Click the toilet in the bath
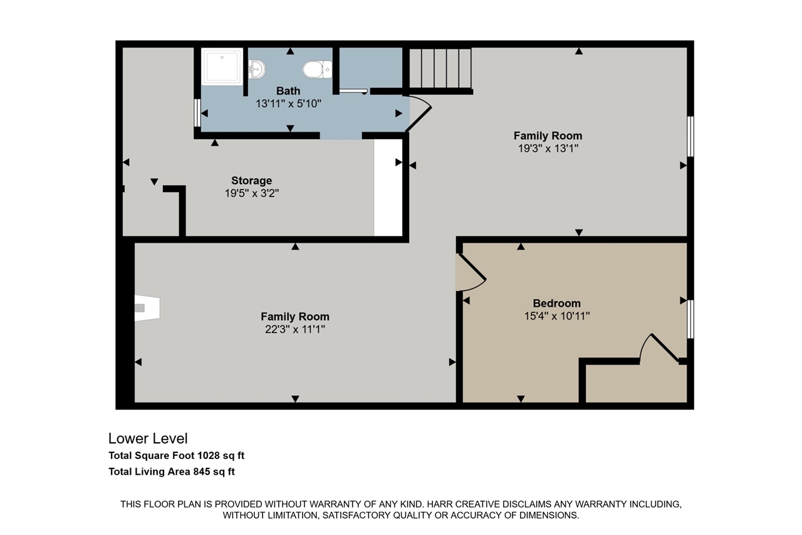pyautogui.click(x=316, y=69)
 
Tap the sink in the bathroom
pyautogui.click(x=256, y=68)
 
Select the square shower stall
pyautogui.click(x=222, y=66)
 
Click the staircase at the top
pyautogui.click(x=440, y=68)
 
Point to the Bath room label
pyautogui.click(x=288, y=91)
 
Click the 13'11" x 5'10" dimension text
pyautogui.click(x=288, y=103)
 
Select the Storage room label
pyautogui.click(x=251, y=181)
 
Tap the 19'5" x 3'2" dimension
pyautogui.click(x=251, y=194)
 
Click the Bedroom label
pyautogui.click(x=556, y=303)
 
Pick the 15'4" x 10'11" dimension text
pyautogui.click(x=556, y=316)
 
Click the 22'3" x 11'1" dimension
pyautogui.click(x=294, y=329)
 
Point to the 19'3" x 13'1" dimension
pyautogui.click(x=548, y=149)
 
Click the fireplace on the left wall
pyautogui.click(x=147, y=308)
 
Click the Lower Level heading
pyautogui.click(x=148, y=438)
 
